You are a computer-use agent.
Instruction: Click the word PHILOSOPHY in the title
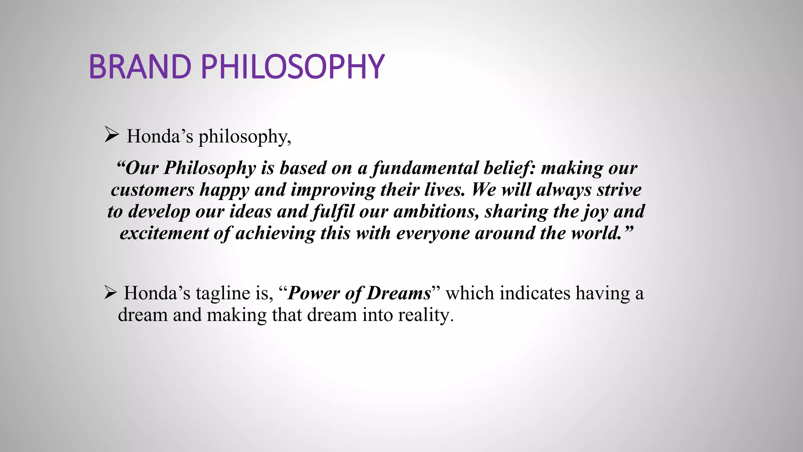(x=292, y=67)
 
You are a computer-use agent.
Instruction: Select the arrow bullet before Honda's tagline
(x=111, y=293)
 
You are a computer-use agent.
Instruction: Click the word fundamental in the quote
(x=425, y=168)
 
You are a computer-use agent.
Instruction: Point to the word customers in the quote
(x=152, y=190)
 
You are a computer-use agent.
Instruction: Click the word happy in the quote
(x=224, y=190)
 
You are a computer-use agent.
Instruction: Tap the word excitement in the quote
(x=164, y=233)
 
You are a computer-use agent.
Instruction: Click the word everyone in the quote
(x=433, y=233)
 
